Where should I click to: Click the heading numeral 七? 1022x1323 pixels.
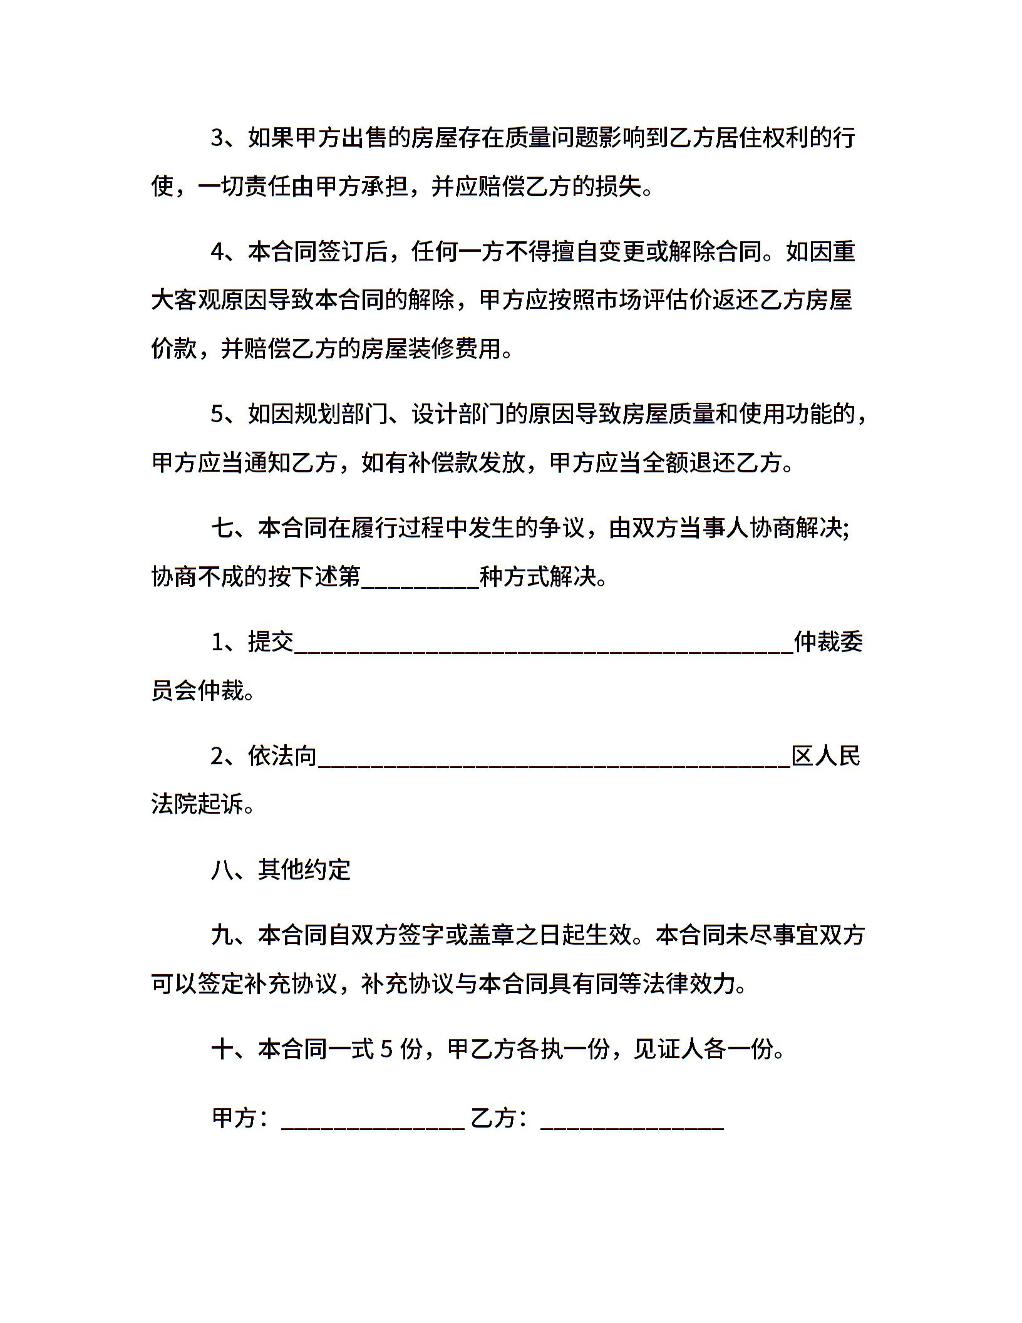[222, 529]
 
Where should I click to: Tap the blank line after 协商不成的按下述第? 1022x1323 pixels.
[420, 578]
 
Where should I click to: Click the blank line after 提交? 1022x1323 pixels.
[544, 644]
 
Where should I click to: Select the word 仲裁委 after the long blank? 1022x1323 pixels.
[828, 643]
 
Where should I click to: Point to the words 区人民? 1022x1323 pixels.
[826, 757]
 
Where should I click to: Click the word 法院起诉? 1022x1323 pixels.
[197, 805]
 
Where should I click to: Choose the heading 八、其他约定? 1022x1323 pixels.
[281, 870]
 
